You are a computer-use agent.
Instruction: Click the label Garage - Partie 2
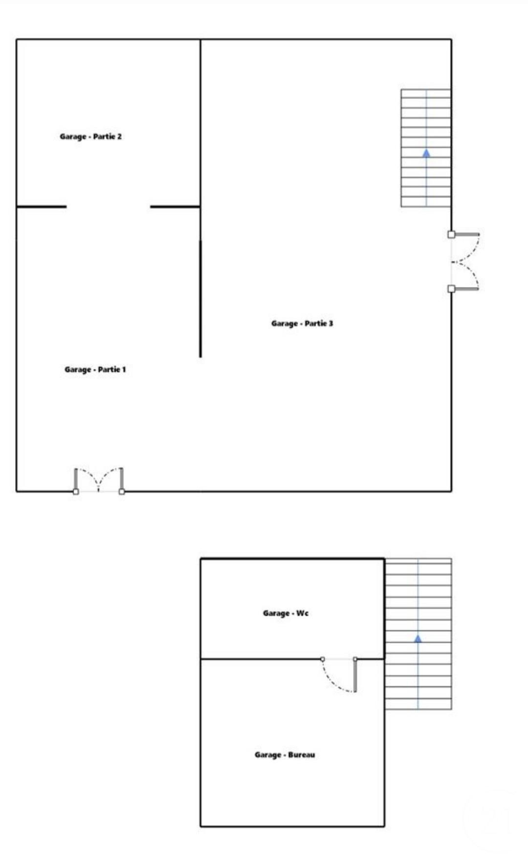[90, 137]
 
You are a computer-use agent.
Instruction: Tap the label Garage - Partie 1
[95, 370]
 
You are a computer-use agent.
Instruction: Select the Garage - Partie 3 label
[302, 324]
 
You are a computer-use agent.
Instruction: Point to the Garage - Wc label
[286, 613]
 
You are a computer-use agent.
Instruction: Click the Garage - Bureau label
[285, 755]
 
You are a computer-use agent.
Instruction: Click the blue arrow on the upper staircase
[426, 153]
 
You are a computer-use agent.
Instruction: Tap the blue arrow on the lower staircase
[418, 639]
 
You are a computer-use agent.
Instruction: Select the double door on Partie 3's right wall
[463, 262]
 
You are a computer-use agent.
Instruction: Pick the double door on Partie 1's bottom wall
[99, 481]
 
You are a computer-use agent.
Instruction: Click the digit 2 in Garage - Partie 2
[119, 137]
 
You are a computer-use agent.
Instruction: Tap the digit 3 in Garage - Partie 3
[331, 324]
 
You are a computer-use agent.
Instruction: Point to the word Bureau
[302, 755]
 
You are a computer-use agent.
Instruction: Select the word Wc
[302, 613]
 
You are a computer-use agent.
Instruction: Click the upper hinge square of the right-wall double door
[451, 234]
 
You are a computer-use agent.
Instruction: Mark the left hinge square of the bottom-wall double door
[76, 491]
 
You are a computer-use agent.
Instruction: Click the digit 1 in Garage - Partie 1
[124, 370]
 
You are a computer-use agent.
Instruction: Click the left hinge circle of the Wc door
[323, 659]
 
